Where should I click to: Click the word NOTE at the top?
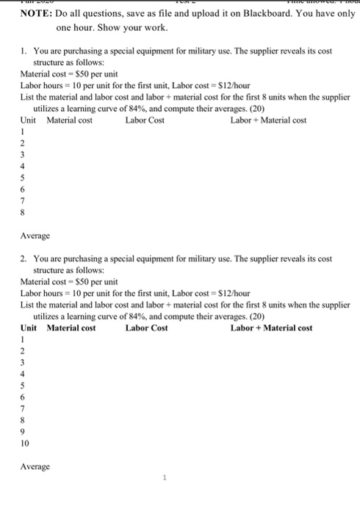point(35,14)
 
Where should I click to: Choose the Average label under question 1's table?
point(35,236)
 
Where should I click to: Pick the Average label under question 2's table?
point(35,466)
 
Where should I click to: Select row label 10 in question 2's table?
point(26,444)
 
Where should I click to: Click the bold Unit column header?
point(29,327)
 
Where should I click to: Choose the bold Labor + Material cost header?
point(271,327)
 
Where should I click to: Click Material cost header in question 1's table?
point(70,120)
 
